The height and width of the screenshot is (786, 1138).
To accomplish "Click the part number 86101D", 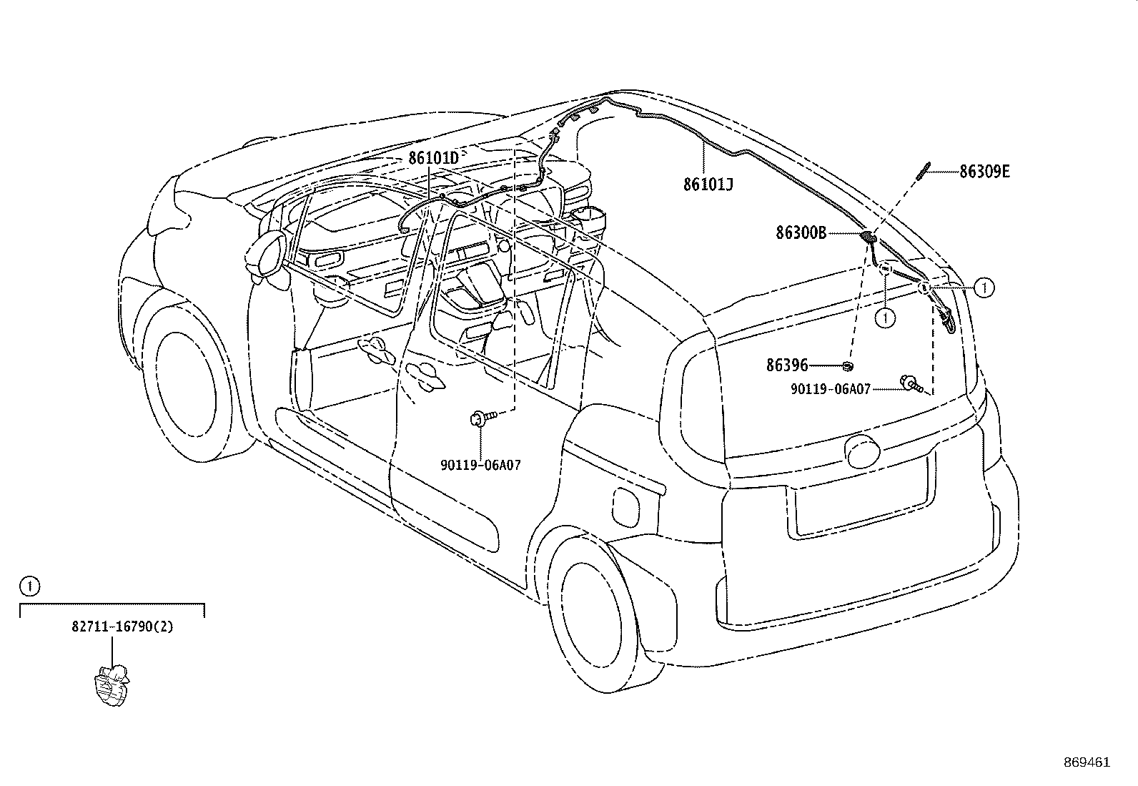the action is (433, 158).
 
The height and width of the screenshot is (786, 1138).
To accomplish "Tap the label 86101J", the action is (708, 184).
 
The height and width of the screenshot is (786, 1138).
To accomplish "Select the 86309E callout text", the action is (984, 172).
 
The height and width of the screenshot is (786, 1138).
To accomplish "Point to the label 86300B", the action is (801, 233).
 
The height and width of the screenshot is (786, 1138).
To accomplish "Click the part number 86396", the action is (787, 365).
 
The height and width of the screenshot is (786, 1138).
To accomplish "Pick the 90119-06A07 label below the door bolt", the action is (480, 465).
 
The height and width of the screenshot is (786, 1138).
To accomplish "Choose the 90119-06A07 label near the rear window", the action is (831, 390).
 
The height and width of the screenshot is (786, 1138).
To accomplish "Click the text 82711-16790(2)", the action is (122, 627).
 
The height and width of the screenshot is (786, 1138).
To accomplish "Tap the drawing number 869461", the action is (1087, 762).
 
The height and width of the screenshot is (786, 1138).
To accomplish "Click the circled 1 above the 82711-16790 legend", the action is (29, 586).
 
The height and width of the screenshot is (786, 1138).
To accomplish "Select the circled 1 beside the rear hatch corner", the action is (984, 288).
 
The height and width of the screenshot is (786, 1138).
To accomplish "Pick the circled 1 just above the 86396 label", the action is (886, 318).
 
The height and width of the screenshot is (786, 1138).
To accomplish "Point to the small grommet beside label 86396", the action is (847, 365).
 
